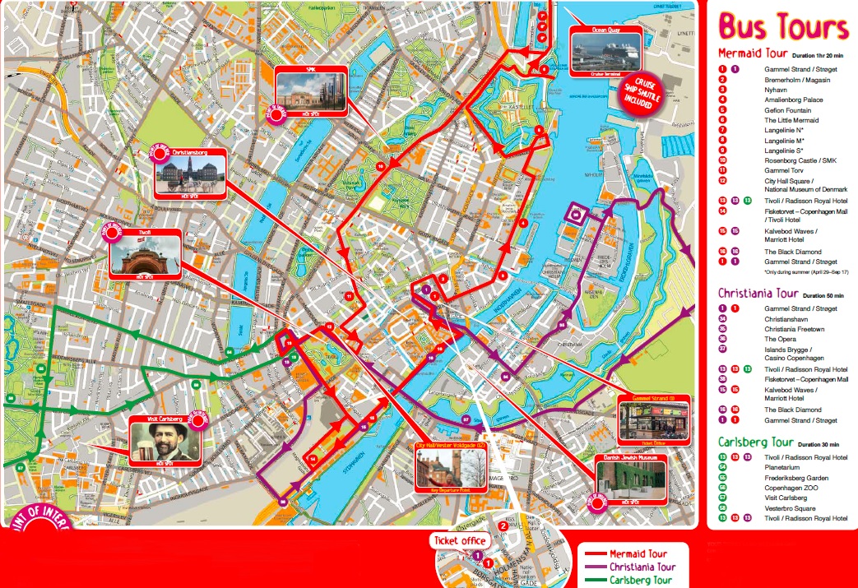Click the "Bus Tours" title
783,28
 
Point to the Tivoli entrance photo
144,256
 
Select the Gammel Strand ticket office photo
652,420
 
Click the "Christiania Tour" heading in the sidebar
758,294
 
